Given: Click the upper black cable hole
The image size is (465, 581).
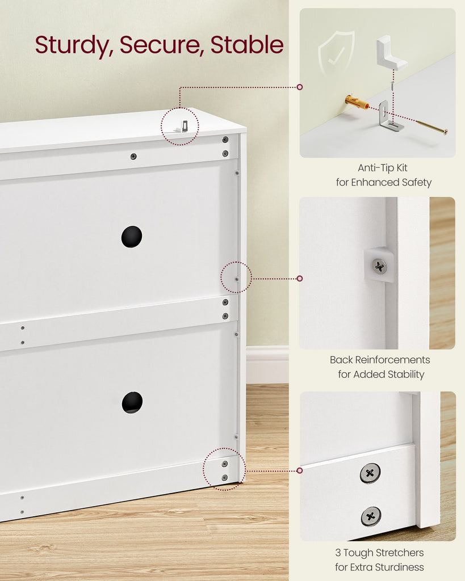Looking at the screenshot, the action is (x=132, y=237).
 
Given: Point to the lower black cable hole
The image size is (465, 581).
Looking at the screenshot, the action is (x=132, y=402).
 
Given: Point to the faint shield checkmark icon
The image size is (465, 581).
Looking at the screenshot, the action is (x=336, y=54).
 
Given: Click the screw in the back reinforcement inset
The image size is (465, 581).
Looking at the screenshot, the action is (x=379, y=266).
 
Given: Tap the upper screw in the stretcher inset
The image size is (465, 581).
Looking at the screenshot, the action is (x=370, y=473).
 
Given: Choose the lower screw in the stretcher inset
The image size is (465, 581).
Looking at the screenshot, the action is (x=371, y=516).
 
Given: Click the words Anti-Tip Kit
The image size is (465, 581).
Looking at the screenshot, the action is (x=383, y=168).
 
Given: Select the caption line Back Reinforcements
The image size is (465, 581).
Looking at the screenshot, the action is (x=380, y=360).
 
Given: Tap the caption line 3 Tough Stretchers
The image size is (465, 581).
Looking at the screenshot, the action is (x=379, y=553).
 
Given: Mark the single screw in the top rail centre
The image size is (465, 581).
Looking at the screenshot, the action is (x=133, y=157).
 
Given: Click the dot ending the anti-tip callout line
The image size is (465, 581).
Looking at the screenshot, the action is (x=300, y=87).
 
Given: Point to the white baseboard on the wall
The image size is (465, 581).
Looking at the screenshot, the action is (x=267, y=365).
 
